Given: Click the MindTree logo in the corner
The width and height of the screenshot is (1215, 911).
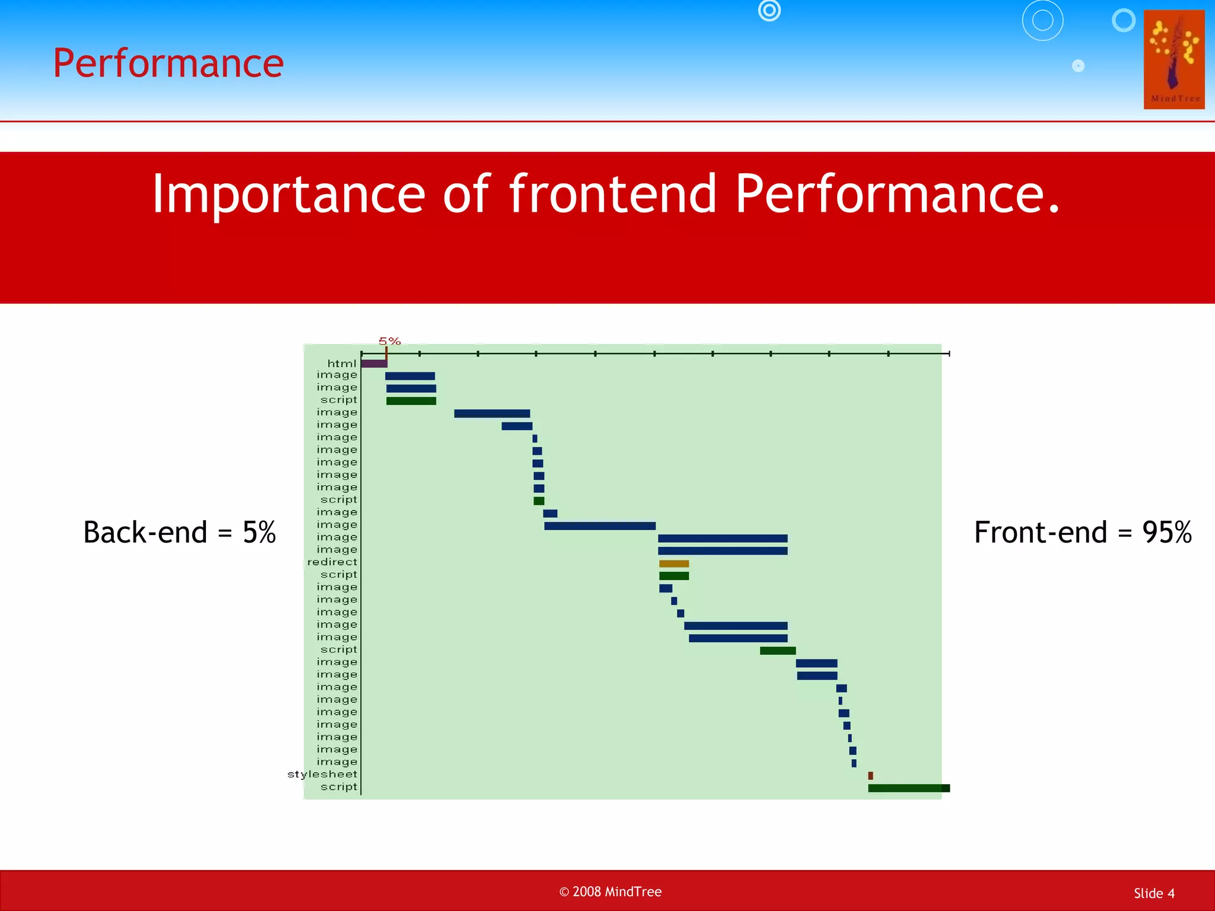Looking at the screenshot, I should tap(1173, 59).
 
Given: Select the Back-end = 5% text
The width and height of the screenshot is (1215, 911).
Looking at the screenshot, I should tap(179, 532).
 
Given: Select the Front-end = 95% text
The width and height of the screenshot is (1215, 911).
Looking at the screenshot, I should tap(1083, 532).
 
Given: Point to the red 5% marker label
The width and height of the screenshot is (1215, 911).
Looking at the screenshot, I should tap(390, 341).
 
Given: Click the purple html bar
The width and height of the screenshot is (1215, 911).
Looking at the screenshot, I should tap(374, 364).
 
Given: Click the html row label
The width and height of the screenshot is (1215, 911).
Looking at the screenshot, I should tap(342, 364).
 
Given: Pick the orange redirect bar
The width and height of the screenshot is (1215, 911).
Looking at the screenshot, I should tap(674, 563).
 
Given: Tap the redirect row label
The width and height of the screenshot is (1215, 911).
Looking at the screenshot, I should tap(332, 562).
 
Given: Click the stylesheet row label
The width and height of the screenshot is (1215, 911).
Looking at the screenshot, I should tap(322, 775).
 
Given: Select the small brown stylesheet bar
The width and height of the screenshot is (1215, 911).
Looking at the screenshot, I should tap(870, 776).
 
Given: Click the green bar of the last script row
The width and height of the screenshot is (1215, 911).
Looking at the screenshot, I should tap(908, 788).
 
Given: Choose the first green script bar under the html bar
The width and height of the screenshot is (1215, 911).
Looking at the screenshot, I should tap(411, 401).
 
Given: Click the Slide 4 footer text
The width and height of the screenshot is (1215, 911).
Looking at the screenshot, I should tap(1154, 893).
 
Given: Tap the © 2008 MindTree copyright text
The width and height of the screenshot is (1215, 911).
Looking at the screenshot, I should tap(610, 891).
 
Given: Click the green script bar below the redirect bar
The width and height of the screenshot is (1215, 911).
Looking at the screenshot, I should tap(674, 576).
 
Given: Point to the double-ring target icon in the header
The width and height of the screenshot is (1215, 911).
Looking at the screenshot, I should tap(769, 10).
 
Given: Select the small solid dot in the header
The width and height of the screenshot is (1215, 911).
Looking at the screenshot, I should tap(1078, 66).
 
